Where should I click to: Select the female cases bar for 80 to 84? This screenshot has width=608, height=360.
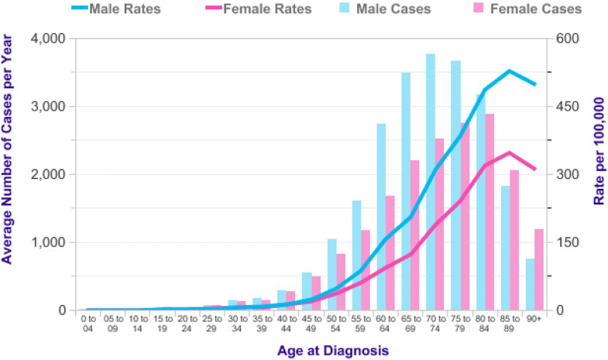(489, 212)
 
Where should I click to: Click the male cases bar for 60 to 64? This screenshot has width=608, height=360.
(381, 217)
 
